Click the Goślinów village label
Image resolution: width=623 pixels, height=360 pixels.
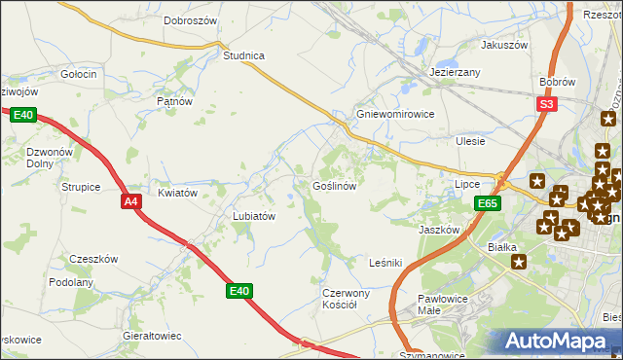338,185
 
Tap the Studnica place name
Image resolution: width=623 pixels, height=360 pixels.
244,55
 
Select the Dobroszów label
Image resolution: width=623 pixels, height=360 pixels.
189,19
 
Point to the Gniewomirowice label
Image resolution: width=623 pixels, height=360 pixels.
395,113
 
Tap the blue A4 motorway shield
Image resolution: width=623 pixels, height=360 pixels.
132,201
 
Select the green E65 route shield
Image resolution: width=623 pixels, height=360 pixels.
489,203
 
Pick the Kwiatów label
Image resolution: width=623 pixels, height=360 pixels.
178,193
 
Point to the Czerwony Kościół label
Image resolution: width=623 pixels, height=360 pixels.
347,298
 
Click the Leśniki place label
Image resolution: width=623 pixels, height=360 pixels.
385,263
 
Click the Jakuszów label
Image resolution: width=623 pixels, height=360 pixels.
503,45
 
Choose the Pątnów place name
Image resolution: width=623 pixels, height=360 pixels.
175,100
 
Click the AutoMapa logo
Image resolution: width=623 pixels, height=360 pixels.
559,342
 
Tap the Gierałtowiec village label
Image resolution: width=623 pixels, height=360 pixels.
153,335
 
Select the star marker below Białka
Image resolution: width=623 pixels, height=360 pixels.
520,262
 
